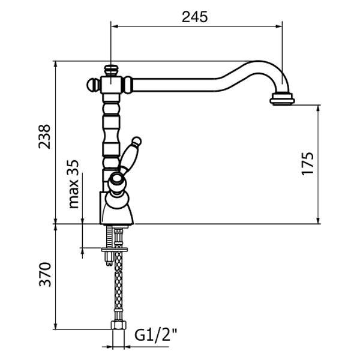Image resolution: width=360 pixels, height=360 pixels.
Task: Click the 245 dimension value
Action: [194, 17]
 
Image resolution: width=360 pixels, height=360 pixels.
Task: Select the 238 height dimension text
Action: [44, 137]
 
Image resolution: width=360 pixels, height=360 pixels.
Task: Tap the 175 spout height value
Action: [307, 164]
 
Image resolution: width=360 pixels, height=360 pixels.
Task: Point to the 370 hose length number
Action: [45, 274]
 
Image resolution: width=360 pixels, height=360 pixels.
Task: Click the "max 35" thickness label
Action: [74, 184]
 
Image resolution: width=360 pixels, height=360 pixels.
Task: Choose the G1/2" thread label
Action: [155, 335]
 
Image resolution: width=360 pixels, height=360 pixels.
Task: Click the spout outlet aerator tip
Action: [282, 99]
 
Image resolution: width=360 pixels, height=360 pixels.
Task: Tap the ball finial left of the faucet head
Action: [93, 85]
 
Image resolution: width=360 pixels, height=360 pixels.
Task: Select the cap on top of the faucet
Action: [111, 70]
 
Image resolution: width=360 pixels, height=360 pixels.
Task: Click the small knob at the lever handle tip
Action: [136, 141]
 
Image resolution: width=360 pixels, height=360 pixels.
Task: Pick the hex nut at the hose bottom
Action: [118, 325]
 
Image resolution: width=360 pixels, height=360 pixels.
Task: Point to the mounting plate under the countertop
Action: [115, 250]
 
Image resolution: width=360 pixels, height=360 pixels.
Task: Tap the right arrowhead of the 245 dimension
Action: [278, 26]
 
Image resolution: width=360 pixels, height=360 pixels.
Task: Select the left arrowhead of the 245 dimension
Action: [115, 26]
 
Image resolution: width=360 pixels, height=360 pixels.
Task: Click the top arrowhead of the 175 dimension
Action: [318, 109]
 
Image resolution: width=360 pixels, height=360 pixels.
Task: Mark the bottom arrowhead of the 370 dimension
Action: [55, 326]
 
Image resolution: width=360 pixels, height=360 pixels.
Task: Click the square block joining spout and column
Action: [111, 85]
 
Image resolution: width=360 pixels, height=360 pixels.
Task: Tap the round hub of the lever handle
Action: [118, 181]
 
